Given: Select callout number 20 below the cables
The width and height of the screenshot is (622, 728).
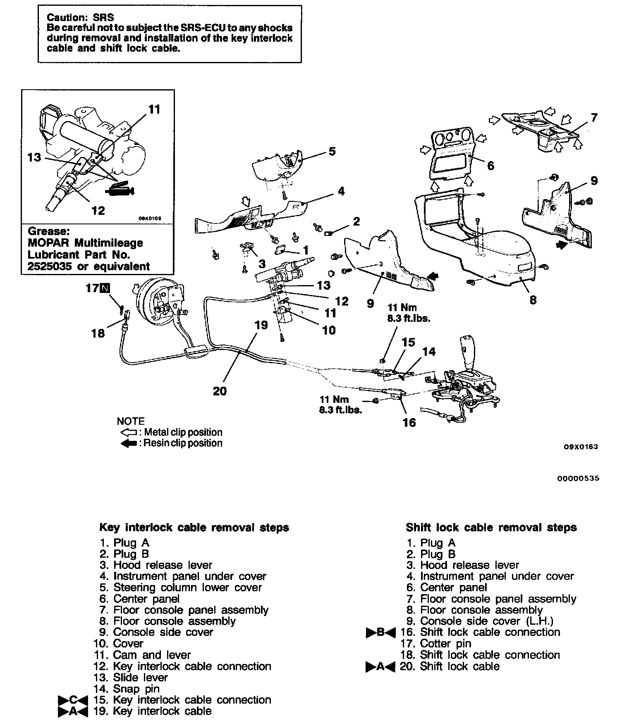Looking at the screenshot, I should (220, 391).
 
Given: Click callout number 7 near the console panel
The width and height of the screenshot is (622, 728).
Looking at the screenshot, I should (594, 118).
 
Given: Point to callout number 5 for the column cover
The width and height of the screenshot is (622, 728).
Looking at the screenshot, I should (332, 151).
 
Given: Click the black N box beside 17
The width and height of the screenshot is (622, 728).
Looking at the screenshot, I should (106, 288).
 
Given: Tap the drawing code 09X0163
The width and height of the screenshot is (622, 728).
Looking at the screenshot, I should (581, 447).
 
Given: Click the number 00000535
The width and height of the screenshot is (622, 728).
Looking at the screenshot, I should (578, 478).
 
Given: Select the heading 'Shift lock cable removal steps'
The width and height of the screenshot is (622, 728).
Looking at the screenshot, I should (491, 528).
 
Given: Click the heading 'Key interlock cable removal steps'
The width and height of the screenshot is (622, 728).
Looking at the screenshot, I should (194, 528).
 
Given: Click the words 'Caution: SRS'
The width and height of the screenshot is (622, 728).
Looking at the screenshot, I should (80, 17).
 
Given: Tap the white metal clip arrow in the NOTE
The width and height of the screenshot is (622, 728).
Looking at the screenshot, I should (128, 433).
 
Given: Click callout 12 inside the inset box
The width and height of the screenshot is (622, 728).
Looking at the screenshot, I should (98, 211).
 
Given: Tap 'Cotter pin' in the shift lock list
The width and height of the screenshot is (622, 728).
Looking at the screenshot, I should (445, 644).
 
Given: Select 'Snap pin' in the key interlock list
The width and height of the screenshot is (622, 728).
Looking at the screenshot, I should (136, 689).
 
